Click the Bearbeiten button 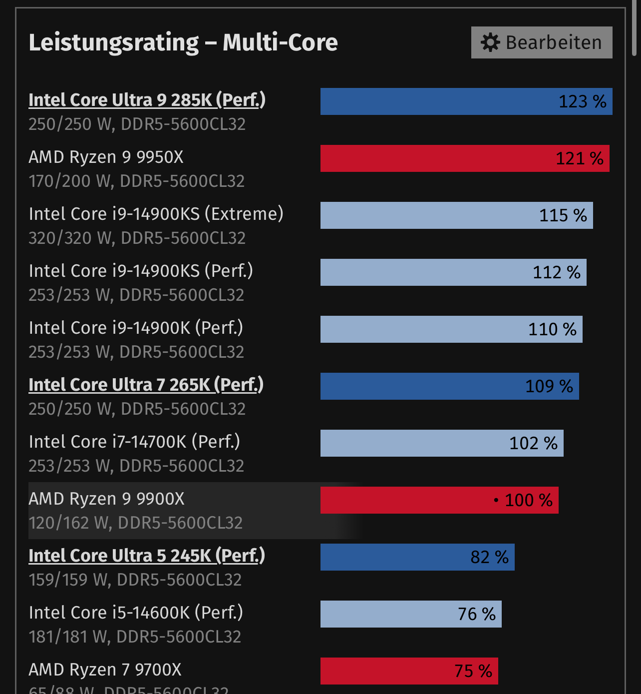pyautogui.click(x=542, y=42)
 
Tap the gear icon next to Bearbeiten pyautogui.click(x=490, y=42)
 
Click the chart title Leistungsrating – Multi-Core pyautogui.click(x=183, y=42)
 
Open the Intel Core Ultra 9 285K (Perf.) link pyautogui.click(x=147, y=100)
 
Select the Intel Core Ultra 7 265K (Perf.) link pyautogui.click(x=146, y=385)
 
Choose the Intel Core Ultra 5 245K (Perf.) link pyautogui.click(x=147, y=556)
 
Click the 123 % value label pyautogui.click(x=582, y=101)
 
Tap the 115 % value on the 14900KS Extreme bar pyautogui.click(x=563, y=215)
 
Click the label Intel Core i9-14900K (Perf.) pyautogui.click(x=136, y=328)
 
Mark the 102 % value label pyautogui.click(x=533, y=443)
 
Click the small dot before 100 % pyautogui.click(x=496, y=500)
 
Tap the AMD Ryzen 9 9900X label pyautogui.click(x=106, y=499)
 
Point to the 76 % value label pyautogui.click(x=477, y=614)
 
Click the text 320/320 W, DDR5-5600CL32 pyautogui.click(x=137, y=238)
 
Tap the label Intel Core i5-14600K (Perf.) pyautogui.click(x=136, y=613)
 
